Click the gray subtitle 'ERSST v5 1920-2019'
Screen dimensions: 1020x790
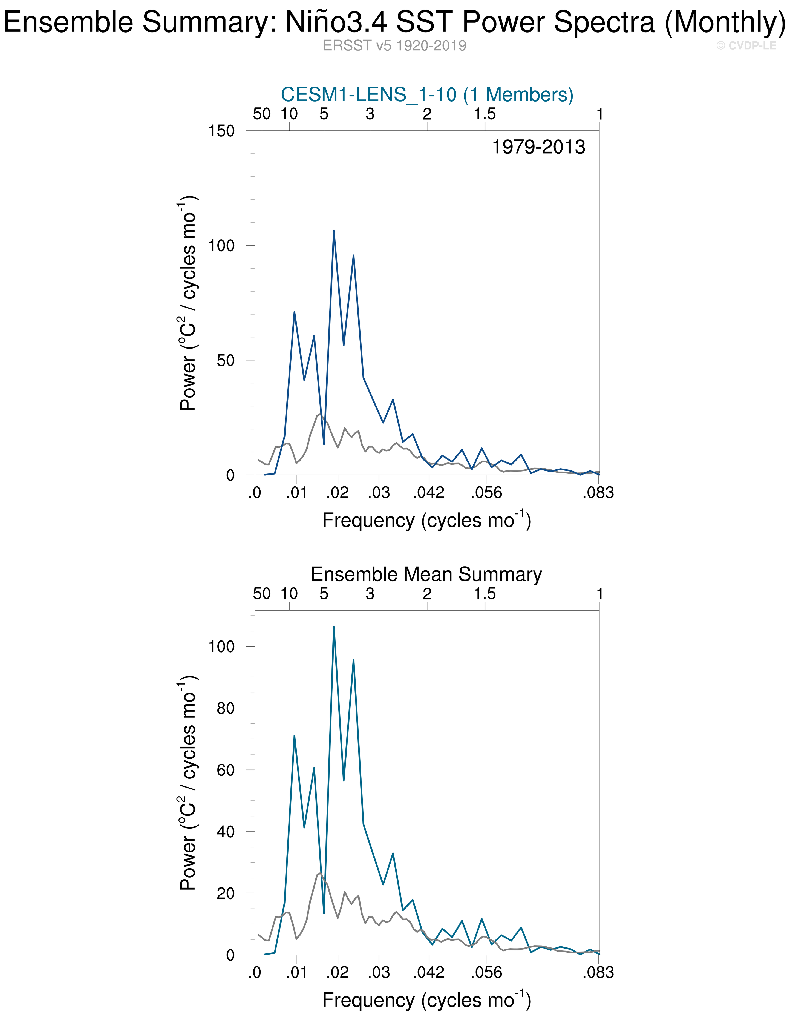[x=394, y=46]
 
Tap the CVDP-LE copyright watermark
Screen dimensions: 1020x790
[x=746, y=46]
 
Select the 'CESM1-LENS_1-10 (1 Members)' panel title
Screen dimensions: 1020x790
[x=427, y=95]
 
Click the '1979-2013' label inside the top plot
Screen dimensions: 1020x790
[x=538, y=147]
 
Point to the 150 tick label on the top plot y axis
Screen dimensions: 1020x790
[x=221, y=131]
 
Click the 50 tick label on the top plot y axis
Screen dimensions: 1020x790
[x=226, y=361]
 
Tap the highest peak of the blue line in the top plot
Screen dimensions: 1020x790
[x=333, y=231]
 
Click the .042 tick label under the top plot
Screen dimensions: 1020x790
[x=428, y=493]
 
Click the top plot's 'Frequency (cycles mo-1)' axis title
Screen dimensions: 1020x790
[x=427, y=520]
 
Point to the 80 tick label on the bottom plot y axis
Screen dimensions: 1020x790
[x=226, y=708]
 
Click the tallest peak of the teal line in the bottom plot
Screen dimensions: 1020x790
[x=333, y=627]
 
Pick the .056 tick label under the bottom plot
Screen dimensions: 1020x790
[x=486, y=973]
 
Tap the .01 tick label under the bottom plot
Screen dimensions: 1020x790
[x=296, y=973]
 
